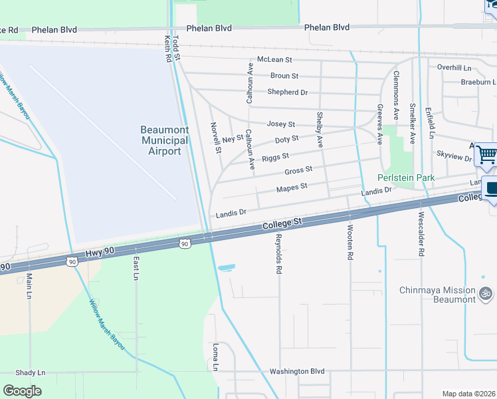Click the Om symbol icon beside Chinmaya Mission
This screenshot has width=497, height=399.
[x=486, y=291]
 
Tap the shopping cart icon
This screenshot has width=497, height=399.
[x=487, y=155]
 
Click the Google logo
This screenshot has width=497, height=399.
[x=23, y=390]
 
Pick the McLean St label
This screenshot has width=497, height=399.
[x=274, y=60]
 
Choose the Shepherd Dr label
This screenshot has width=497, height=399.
[x=287, y=92]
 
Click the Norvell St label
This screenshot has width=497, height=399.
[x=216, y=138]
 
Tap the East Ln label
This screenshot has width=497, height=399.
[x=136, y=267]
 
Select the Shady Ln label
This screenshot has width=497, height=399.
[x=31, y=372]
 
